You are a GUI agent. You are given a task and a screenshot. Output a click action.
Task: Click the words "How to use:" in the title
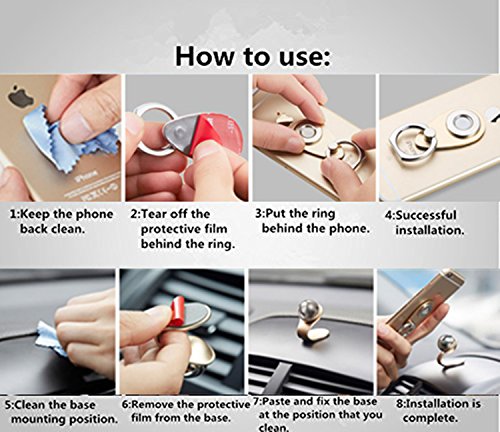[253, 56]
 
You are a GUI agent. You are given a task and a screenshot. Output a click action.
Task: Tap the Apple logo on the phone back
[18, 94]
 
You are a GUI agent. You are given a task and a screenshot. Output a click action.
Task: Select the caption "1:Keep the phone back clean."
[62, 221]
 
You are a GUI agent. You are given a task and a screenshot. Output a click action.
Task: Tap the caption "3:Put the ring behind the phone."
[313, 221]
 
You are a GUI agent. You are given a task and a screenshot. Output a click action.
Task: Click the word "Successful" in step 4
[425, 215]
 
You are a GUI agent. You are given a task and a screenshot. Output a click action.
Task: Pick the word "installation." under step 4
[430, 230]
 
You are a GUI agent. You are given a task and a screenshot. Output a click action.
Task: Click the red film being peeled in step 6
[177, 312]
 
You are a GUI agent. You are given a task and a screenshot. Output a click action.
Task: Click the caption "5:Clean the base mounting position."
[62, 412]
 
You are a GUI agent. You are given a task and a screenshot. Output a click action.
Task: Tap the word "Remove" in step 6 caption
[153, 405]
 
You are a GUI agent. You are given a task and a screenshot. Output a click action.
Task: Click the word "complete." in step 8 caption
[430, 418]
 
